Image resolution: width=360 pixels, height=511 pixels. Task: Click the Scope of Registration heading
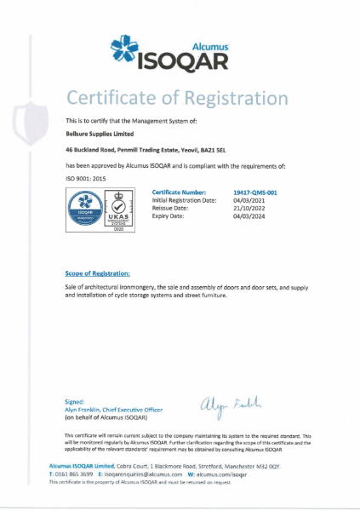[x=98, y=273]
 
